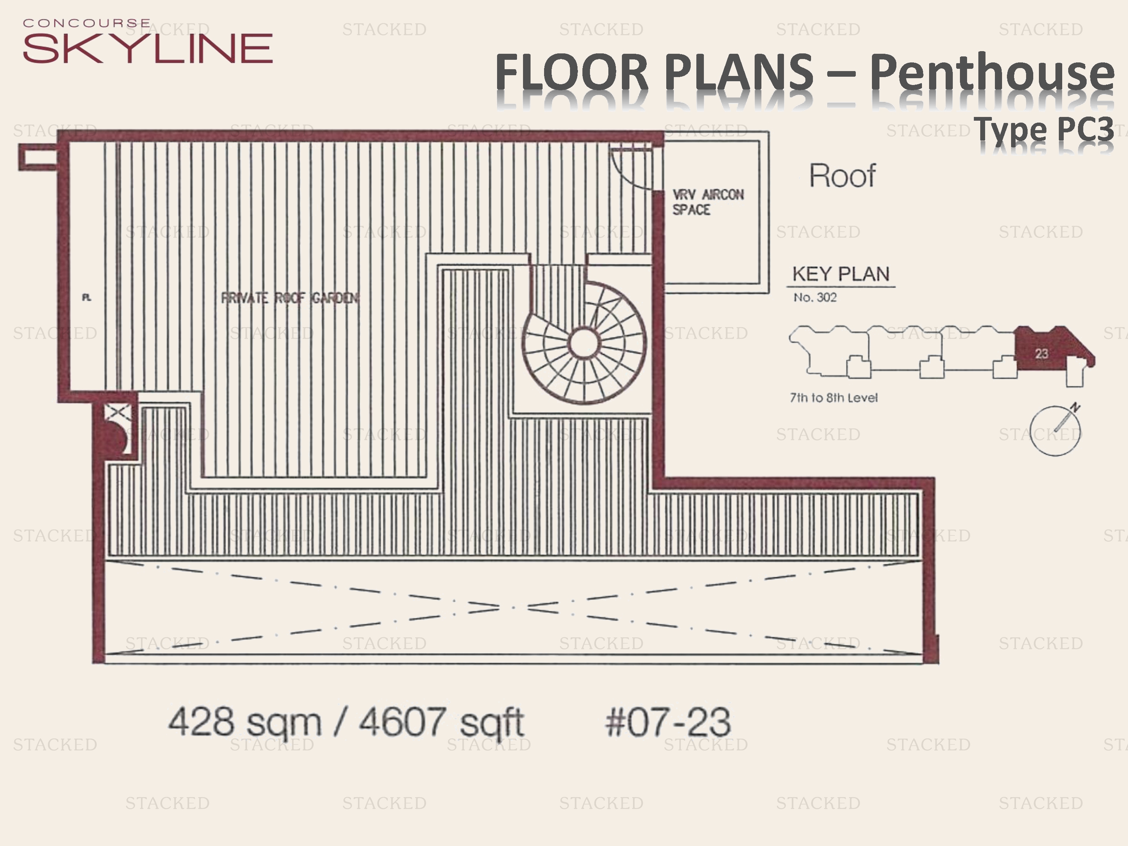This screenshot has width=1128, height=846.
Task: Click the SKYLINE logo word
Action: point(147,49)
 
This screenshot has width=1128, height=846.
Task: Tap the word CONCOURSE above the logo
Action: point(87,23)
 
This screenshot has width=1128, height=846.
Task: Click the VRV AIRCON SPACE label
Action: point(707,202)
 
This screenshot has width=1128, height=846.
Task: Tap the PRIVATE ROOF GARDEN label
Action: point(290,298)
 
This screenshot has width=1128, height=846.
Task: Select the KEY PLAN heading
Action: point(840,274)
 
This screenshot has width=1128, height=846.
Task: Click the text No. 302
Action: point(815,298)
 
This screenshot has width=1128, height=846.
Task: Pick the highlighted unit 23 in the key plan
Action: point(1041,353)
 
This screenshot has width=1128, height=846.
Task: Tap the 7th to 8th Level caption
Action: point(833,398)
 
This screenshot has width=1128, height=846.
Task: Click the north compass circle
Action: point(1055,431)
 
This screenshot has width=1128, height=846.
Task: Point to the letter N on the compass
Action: point(1075,408)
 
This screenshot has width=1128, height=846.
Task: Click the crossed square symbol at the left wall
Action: point(118,412)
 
